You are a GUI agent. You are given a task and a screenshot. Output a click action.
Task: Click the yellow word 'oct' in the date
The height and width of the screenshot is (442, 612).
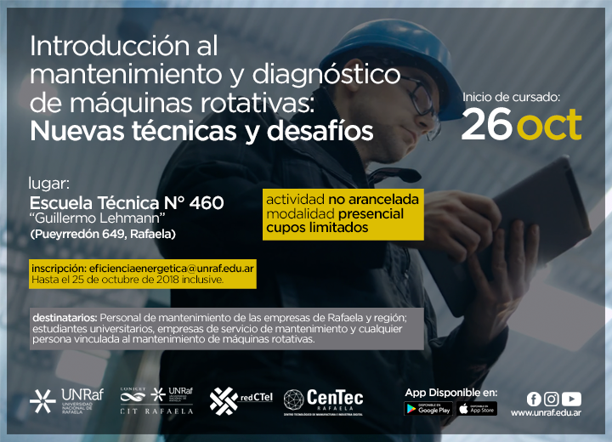[x=551, y=125]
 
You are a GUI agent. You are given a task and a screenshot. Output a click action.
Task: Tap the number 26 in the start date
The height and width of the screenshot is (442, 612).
[x=487, y=124]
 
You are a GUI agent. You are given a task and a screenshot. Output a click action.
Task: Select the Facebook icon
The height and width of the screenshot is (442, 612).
[x=534, y=399]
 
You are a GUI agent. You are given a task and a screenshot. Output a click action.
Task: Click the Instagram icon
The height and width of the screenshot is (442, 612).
[x=551, y=399]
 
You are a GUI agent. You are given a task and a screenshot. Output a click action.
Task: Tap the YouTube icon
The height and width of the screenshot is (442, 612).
[x=571, y=399]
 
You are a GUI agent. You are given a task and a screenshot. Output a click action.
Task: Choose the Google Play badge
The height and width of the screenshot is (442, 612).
[x=428, y=409]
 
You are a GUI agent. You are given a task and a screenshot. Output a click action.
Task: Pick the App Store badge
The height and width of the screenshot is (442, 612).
[x=477, y=409]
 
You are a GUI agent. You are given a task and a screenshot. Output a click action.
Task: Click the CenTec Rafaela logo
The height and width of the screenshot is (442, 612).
[x=323, y=402]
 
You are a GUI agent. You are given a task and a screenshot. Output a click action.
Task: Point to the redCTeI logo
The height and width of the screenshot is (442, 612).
[x=241, y=400]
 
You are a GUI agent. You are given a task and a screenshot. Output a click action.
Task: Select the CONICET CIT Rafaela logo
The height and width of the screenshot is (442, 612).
[x=157, y=401]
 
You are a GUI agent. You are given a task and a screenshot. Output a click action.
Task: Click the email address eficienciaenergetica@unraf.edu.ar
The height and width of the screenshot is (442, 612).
[x=172, y=269]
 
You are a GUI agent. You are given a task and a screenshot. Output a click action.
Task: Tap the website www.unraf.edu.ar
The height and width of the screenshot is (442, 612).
[x=546, y=413]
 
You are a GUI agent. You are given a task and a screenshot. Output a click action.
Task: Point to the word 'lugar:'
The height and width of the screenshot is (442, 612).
[x=48, y=184]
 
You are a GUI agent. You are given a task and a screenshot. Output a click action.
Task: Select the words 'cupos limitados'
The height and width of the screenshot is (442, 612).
[x=317, y=228]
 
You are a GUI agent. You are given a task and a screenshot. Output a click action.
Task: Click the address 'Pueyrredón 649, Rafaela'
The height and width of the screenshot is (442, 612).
[x=103, y=234]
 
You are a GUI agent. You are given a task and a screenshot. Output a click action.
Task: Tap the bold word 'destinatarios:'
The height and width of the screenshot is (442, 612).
[x=65, y=318]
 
